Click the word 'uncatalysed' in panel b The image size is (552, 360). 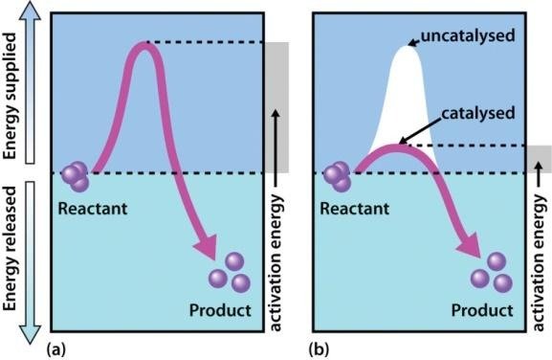coord(468,36)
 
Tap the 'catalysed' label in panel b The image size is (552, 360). coord(478,113)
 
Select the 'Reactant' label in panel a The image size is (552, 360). coord(92,208)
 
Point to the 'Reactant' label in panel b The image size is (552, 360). coord(355,208)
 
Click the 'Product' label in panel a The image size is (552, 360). coord(220,310)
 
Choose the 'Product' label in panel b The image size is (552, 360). coord(482,310)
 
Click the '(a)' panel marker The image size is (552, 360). coord(56,350)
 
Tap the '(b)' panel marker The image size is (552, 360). coord(319,350)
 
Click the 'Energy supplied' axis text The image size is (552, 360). coord(10,96)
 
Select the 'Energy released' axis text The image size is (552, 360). coord(10,249)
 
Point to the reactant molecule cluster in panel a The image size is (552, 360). coord(76,176)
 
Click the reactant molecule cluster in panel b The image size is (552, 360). coord(338,176)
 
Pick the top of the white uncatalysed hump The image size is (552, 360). coord(407,46)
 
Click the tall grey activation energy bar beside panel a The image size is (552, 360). coord(277,107)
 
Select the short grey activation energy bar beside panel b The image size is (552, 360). coord(539,159)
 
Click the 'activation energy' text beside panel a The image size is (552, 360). coord(276,262)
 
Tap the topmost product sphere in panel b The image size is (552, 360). coord(497,261)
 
